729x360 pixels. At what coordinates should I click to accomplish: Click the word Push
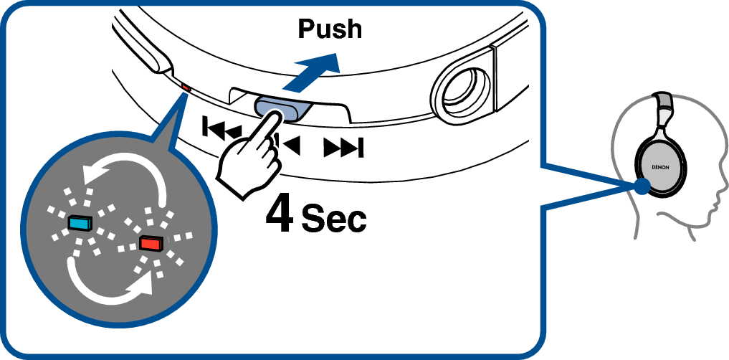pos(329,29)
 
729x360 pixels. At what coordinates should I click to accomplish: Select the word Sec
pos(333,219)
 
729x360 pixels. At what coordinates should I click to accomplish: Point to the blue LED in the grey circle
pos(80,223)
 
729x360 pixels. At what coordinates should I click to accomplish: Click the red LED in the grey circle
pos(151,243)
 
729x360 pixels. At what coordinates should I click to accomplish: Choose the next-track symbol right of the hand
pos(344,148)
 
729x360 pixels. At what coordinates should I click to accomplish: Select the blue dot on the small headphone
pos(642,186)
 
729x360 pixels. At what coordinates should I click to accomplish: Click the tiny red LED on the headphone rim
pos(186,87)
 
